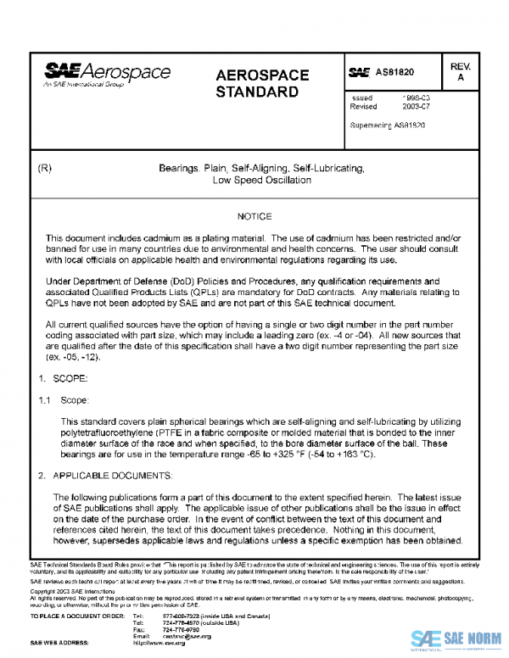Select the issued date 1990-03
coord(410,98)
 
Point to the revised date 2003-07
coord(410,108)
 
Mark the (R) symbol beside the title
coord(46,168)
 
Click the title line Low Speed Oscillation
coord(261,180)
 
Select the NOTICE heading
coord(255,217)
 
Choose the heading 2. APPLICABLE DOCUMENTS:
coord(106,476)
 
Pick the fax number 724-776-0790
coord(181,631)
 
